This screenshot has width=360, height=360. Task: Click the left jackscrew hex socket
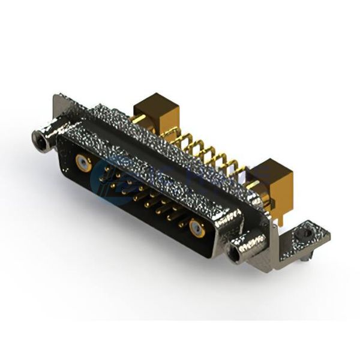click(41, 140)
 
